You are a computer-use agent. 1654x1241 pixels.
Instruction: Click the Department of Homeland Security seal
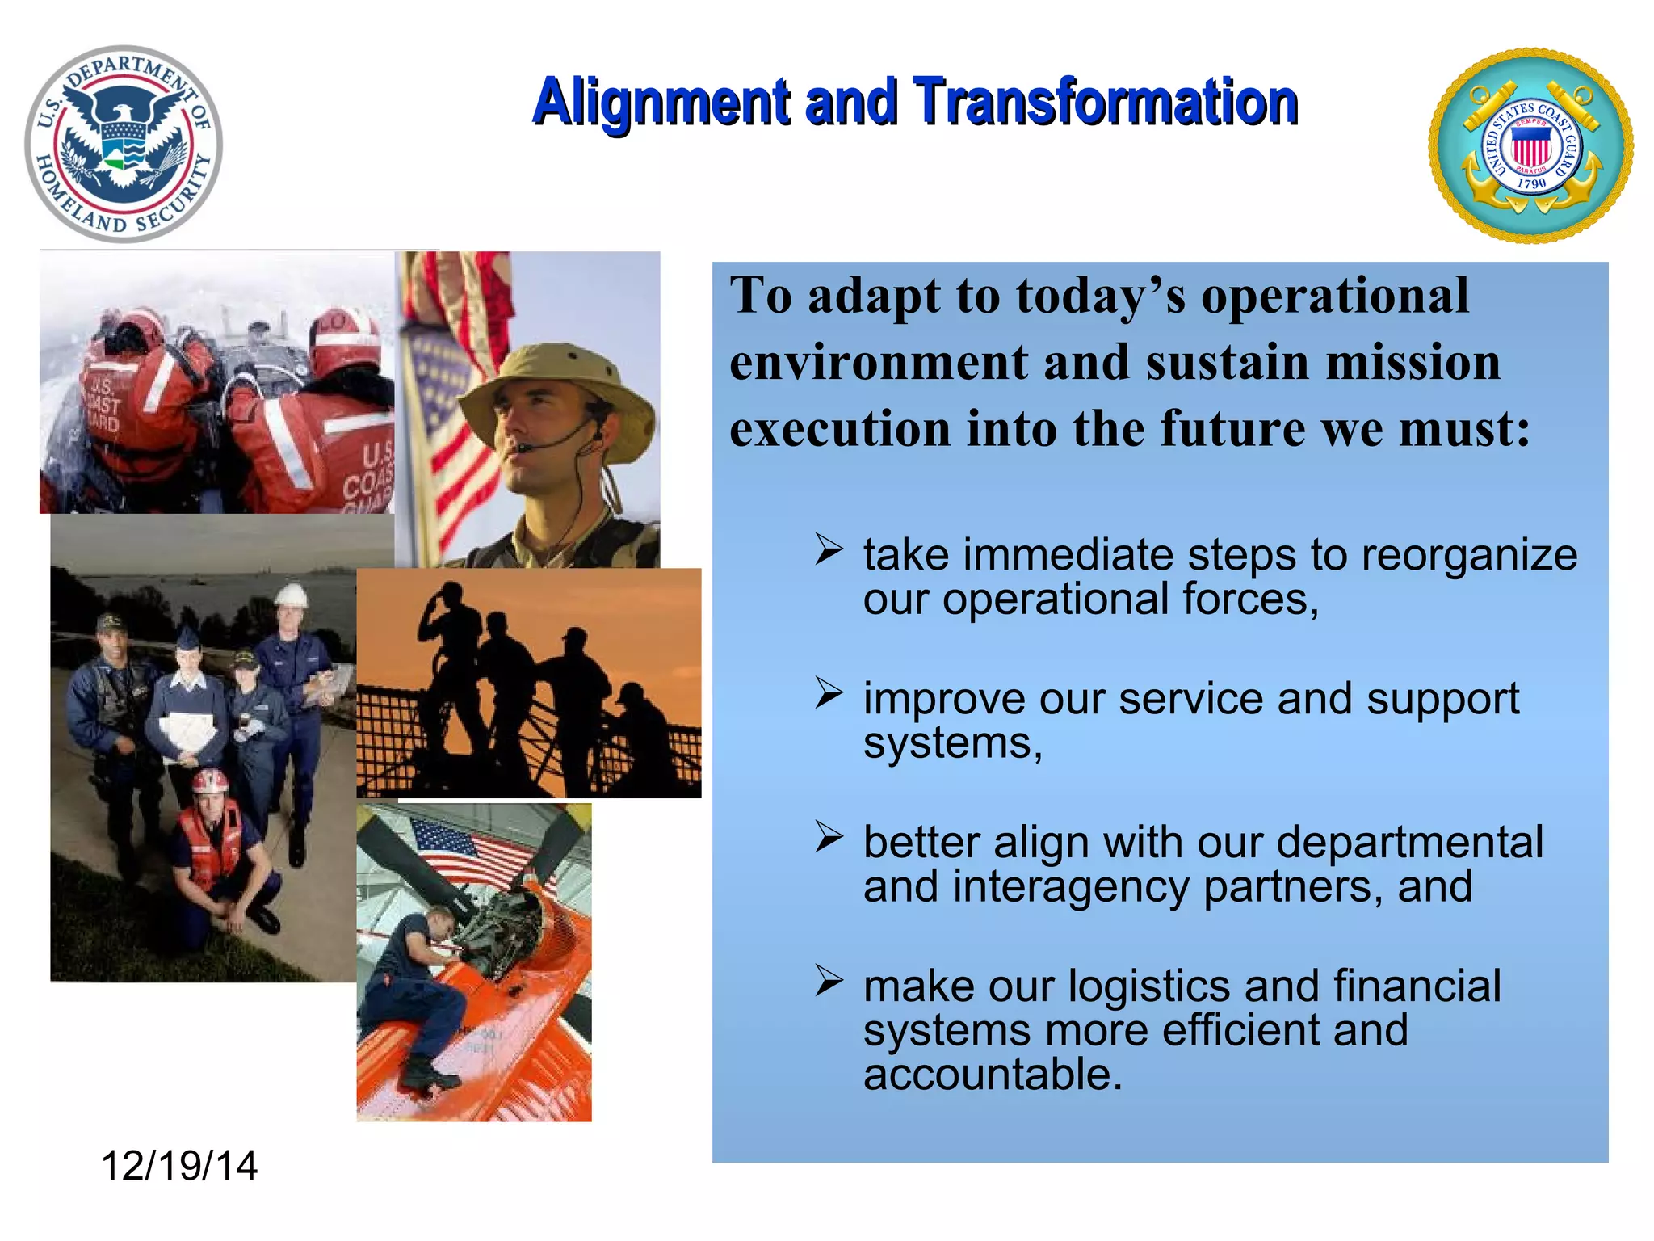124,144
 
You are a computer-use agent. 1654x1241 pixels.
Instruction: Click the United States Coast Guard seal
1530,145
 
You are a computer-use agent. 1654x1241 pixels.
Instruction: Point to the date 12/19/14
179,1166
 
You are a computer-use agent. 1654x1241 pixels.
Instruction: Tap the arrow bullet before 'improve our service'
829,693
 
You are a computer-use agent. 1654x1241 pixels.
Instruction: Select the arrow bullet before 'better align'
829,836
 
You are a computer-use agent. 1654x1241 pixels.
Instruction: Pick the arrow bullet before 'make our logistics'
829,980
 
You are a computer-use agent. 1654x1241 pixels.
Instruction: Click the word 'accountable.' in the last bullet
993,1075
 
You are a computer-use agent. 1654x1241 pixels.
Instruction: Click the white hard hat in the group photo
291,596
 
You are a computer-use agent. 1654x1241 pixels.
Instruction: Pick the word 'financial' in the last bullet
1417,986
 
